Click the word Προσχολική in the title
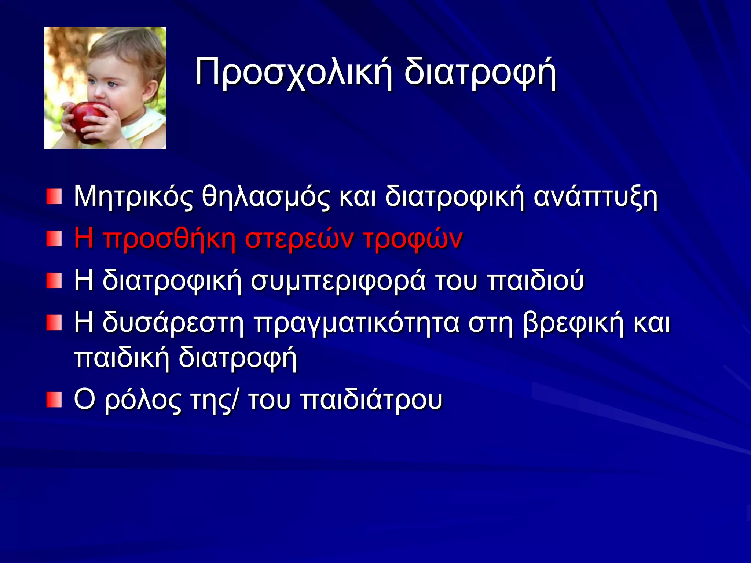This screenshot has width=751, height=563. pyautogui.click(x=293, y=71)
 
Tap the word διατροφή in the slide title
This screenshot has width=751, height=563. pyautogui.click(x=480, y=71)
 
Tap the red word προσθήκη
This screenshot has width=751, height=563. pyautogui.click(x=169, y=239)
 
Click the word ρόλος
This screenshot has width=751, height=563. pyautogui.click(x=143, y=400)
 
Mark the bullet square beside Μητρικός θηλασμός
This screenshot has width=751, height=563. pyautogui.click(x=54, y=197)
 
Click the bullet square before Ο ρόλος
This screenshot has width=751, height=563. pyautogui.click(x=54, y=400)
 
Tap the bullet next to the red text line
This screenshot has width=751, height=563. pyautogui.click(x=54, y=239)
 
